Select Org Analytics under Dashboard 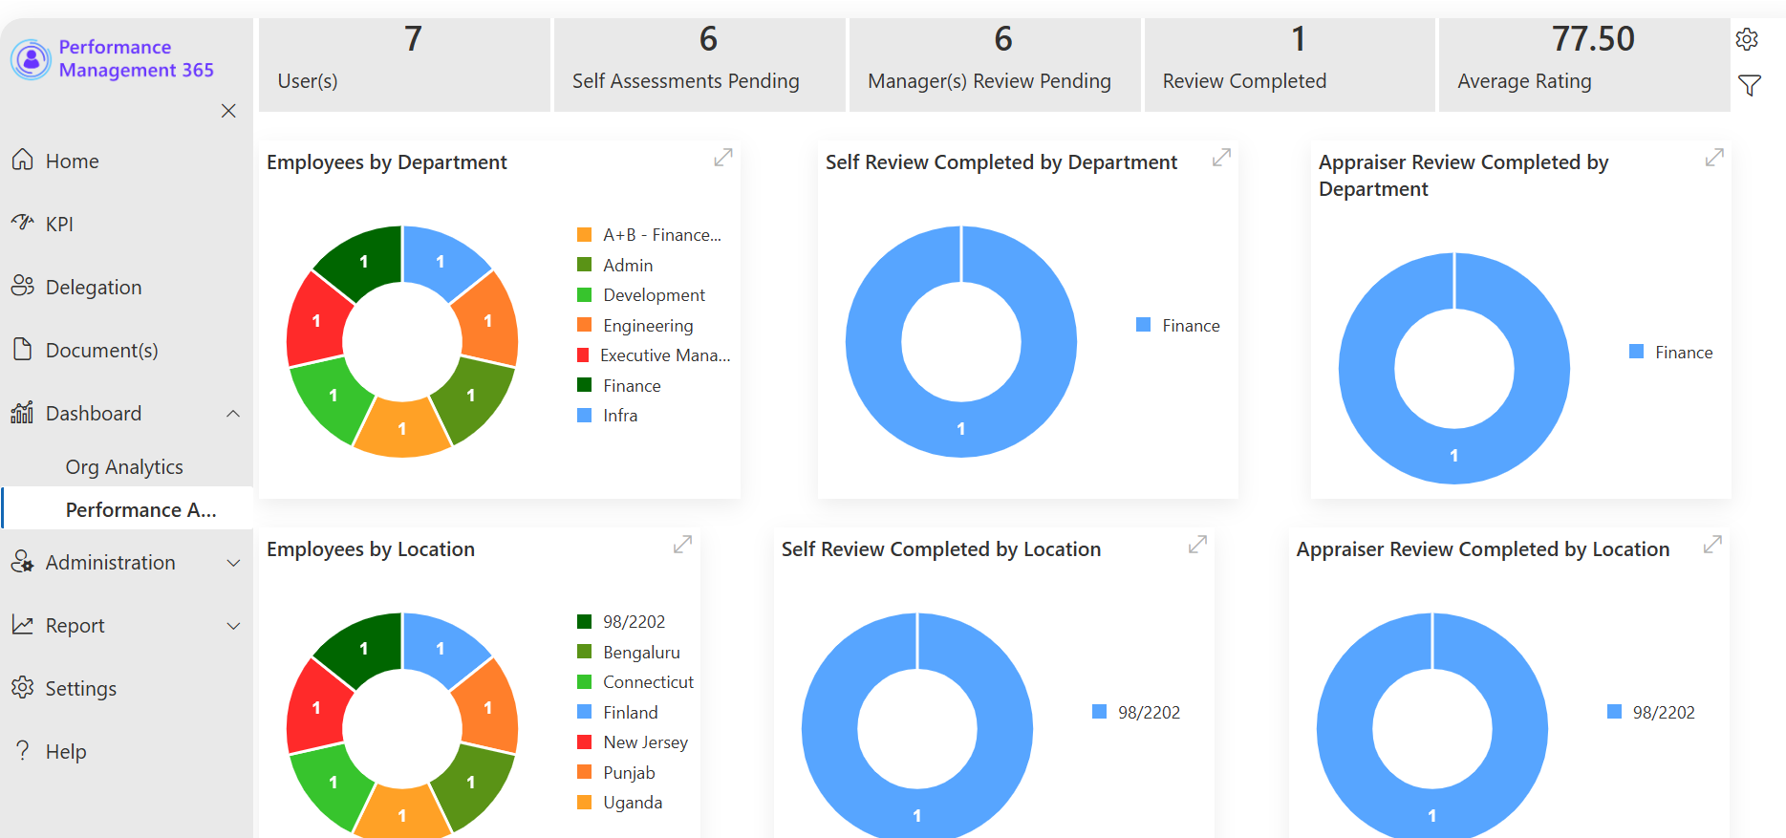[x=124, y=467]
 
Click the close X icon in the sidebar [x=228, y=111]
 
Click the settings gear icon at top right [x=1747, y=39]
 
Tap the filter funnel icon [x=1749, y=86]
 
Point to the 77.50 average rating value [x=1593, y=39]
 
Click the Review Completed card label [x=1244, y=81]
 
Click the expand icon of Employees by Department [x=723, y=158]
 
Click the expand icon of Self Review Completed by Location [x=1197, y=545]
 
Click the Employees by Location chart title [x=371, y=549]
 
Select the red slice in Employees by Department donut [x=316, y=320]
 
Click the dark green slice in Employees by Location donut [x=360, y=648]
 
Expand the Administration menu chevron [x=233, y=563]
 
